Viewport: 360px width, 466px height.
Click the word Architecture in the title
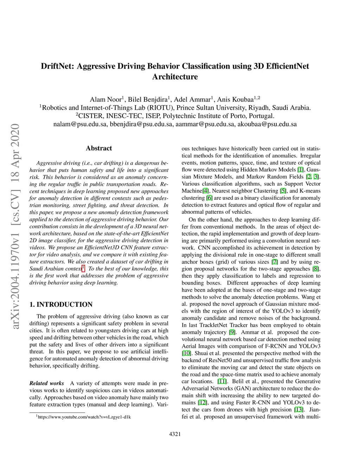pos(175,77)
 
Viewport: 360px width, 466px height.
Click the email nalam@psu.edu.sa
pos(81,124)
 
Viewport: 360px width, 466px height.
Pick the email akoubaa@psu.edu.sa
pos(267,124)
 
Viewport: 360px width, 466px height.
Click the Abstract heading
pos(99,148)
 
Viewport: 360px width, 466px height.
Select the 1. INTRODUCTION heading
pos(61,305)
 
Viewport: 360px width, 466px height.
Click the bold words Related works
pos(47,383)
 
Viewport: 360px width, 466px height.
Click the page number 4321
pos(175,434)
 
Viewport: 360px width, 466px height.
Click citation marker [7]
pos(275,262)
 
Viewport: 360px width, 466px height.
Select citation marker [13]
pos(298,410)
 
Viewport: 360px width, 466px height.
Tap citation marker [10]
pos(186,353)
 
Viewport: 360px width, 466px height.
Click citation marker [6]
pos(210,198)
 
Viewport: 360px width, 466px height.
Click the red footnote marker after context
pos(83,269)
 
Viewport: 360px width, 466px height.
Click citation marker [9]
pos(232,332)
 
